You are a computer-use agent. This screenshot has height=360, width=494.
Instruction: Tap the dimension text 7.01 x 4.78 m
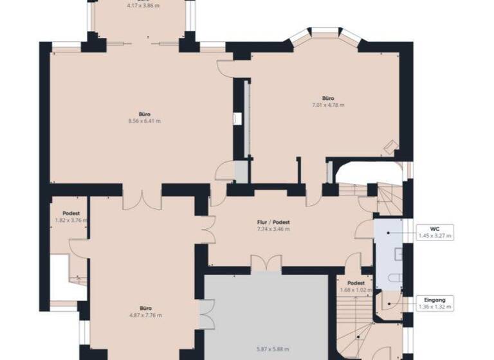[x=328, y=105]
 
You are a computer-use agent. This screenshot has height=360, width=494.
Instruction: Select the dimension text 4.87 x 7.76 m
[x=145, y=315]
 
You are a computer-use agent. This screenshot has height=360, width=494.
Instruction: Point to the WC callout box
[x=435, y=231]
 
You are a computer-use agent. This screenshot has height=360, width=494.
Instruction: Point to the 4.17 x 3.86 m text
[x=143, y=5]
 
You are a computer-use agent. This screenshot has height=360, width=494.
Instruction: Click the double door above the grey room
[x=266, y=263]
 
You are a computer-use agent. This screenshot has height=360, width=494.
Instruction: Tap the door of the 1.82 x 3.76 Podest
[x=78, y=248]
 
